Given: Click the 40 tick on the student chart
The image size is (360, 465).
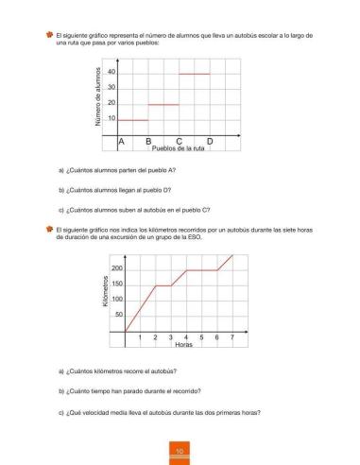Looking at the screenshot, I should [111, 72].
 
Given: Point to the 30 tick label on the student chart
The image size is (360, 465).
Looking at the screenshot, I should [111, 88].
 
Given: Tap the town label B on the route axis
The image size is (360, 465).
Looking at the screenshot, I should [149, 142].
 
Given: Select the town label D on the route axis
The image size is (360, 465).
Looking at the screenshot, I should [210, 142].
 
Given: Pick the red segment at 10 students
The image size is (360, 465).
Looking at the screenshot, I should [132, 120].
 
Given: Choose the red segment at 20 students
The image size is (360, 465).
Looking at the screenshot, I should [163, 104].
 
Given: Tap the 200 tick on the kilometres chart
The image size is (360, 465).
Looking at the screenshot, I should [117, 269].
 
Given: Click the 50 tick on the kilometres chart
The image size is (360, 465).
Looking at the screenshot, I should [119, 314].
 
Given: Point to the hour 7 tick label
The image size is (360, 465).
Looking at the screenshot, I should [232, 337].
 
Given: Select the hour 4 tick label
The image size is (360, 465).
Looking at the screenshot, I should [186, 337].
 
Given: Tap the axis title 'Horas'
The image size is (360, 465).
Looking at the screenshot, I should [184, 345].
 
